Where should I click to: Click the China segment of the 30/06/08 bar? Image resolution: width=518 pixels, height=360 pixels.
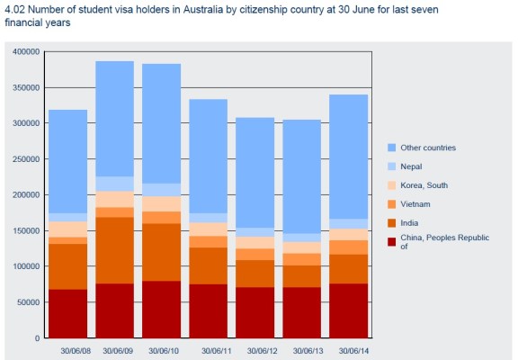point(67,313)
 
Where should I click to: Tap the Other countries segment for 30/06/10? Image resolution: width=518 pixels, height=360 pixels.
point(161,123)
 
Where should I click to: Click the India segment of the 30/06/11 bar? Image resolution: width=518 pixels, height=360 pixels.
point(208,265)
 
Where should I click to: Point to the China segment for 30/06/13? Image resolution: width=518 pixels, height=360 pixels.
point(301,312)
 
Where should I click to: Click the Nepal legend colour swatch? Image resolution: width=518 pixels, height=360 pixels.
point(391,166)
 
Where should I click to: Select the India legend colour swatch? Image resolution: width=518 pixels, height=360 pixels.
point(391,222)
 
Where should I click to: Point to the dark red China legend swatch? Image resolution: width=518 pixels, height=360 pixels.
point(391,241)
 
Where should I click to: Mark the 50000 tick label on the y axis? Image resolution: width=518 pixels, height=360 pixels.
point(30,302)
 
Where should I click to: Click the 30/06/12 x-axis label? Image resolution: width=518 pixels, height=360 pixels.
point(263,350)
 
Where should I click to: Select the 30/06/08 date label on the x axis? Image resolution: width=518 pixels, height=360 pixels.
point(76,350)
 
